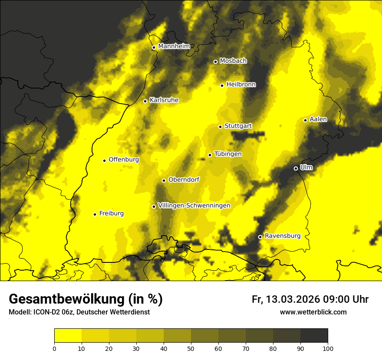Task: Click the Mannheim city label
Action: pyautogui.click(x=174, y=46)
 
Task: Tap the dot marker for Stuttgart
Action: pyautogui.click(x=220, y=127)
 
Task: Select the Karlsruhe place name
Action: pyautogui.click(x=164, y=100)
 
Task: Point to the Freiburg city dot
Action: pyautogui.click(x=95, y=214)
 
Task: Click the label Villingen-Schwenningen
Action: pyautogui.click(x=194, y=206)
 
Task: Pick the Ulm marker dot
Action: pyautogui.click(x=296, y=168)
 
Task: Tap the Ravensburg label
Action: pyautogui.click(x=282, y=236)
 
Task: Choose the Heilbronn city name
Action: pyautogui.click(x=241, y=85)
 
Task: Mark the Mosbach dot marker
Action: pyautogui.click(x=215, y=62)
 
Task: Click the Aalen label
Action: pyautogui.click(x=318, y=119)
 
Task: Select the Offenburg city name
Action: pyautogui.click(x=124, y=160)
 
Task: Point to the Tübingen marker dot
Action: pyautogui.click(x=210, y=155)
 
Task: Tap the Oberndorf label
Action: pyautogui.click(x=184, y=180)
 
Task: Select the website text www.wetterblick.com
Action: pyautogui.click(x=313, y=312)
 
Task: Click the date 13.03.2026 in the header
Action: pyautogui.click(x=293, y=299)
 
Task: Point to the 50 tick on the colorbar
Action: pyautogui.click(x=191, y=348)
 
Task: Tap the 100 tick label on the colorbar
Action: pyautogui.click(x=328, y=348)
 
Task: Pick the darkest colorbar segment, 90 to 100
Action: pyautogui.click(x=314, y=335)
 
